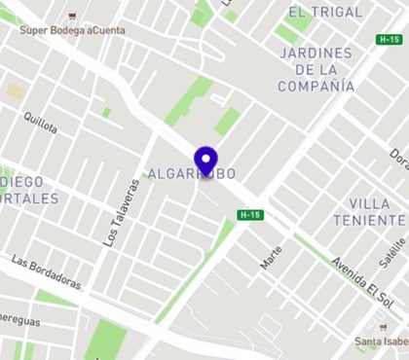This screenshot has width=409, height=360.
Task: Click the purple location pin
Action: pos(204,160)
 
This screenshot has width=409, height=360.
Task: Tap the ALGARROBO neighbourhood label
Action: pos(192,174)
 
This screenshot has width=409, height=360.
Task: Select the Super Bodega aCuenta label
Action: pos(72,30)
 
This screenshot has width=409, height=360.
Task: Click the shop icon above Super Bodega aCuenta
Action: pos(72,17)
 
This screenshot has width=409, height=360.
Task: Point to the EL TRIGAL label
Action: pos(324,13)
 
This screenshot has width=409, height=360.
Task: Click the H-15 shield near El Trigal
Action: pos(389,39)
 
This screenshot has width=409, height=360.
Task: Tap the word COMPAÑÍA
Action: pos(316,86)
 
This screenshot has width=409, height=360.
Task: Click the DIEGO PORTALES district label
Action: pos(29,190)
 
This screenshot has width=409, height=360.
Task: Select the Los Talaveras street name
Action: pos(118,212)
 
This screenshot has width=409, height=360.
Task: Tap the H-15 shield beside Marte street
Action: pos(251,214)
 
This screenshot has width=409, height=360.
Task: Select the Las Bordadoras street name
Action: pos(47,272)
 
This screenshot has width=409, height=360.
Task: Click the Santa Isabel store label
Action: pos(381,342)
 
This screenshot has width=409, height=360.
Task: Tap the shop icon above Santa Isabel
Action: pos(383,328)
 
